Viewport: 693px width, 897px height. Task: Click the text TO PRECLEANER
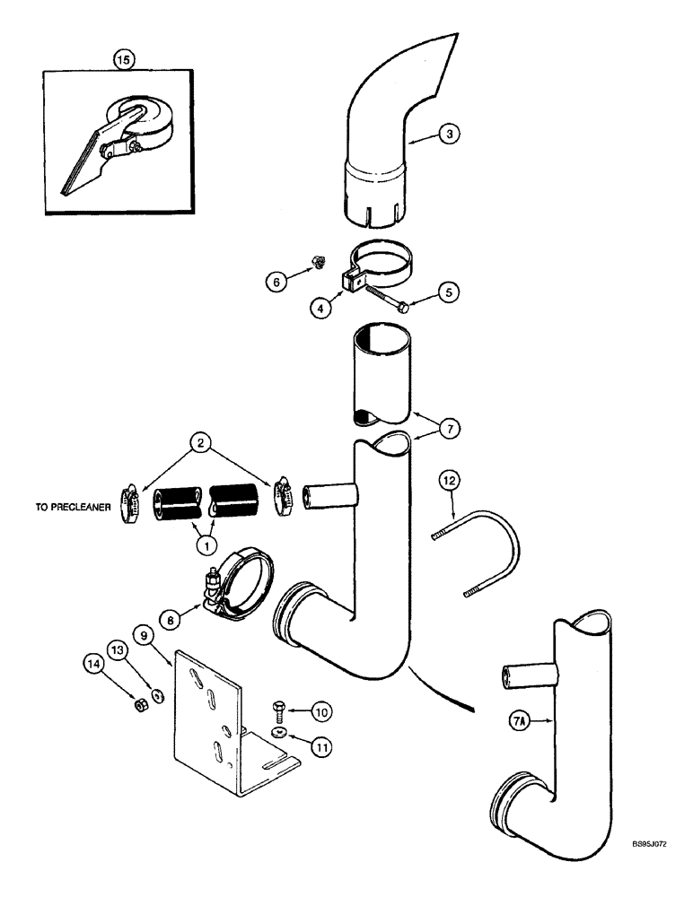click(x=68, y=507)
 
